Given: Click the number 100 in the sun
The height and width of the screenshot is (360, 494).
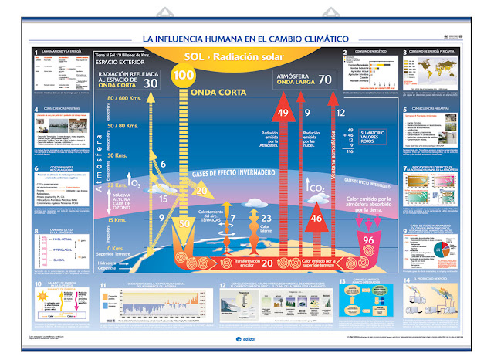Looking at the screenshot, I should [183, 76].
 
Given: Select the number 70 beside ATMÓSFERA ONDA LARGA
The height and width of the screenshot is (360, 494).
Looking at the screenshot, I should [323, 78].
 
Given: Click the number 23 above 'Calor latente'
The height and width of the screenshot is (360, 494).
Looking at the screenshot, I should [266, 218].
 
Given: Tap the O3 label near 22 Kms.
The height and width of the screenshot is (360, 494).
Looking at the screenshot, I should [136, 183].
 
